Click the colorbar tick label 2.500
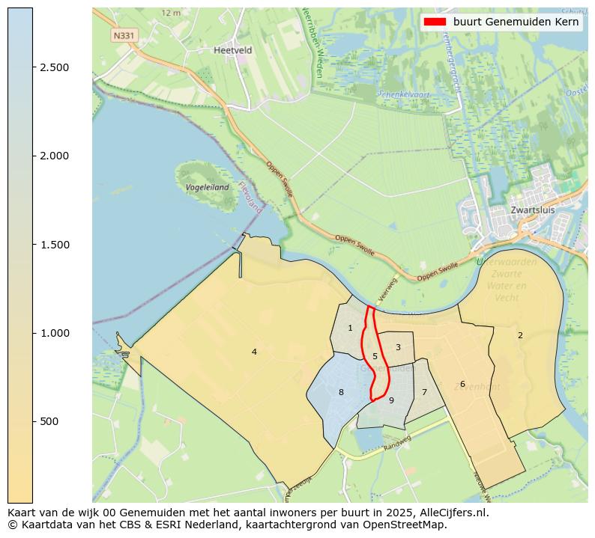coord(55,67)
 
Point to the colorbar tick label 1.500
coord(55,245)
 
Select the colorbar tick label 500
coord(49,421)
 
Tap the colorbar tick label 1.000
coord(55,333)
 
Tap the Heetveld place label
coord(232,50)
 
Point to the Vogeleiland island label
coord(208,187)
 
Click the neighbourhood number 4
coord(254,352)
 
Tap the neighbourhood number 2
coord(520,335)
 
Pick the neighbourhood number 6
coord(462,384)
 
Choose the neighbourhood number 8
coord(341,392)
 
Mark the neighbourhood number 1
coord(350,328)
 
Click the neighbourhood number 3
coord(398,347)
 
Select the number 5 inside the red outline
coord(375,357)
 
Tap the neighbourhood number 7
coord(424,392)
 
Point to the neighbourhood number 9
coord(391,400)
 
